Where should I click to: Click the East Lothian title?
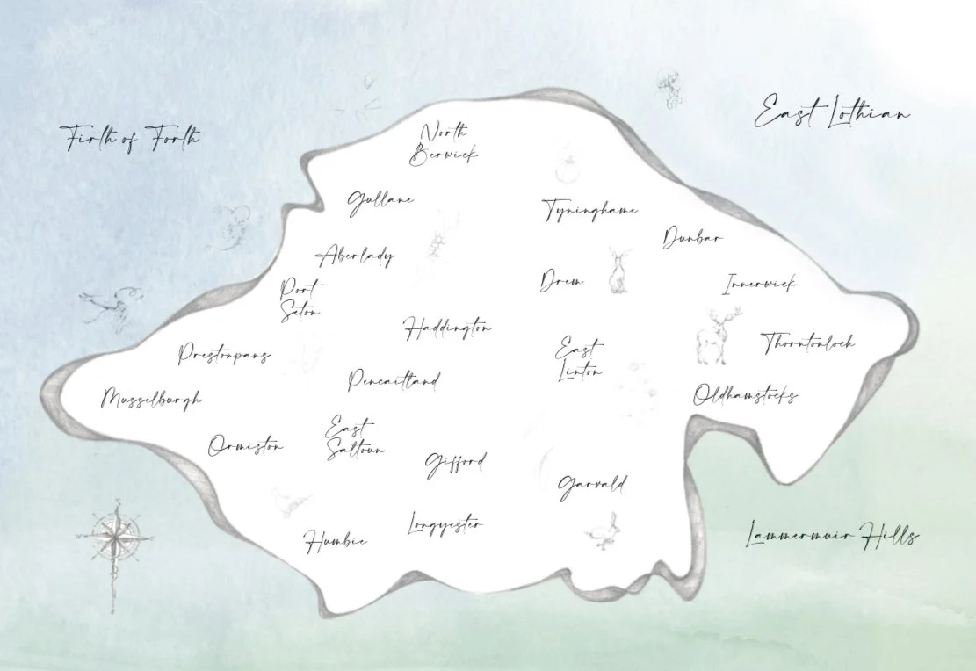coord(832,114)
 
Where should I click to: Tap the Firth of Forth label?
coord(130,138)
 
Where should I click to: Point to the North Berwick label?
coord(444,144)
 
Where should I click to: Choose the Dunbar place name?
coord(692,237)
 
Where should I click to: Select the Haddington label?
coord(447,328)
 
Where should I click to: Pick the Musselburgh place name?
coord(151,399)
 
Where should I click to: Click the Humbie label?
coord(336,540)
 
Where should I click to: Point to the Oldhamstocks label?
coord(745,395)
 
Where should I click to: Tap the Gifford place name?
coord(455,463)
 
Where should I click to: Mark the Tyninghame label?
coord(589,211)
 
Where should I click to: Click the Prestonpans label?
coord(224,354)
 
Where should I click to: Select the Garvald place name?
coord(592,484)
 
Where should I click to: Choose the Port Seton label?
coord(300,299)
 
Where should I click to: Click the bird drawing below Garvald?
coord(601,530)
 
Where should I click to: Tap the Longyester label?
coord(445,525)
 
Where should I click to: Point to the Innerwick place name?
coord(760,284)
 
